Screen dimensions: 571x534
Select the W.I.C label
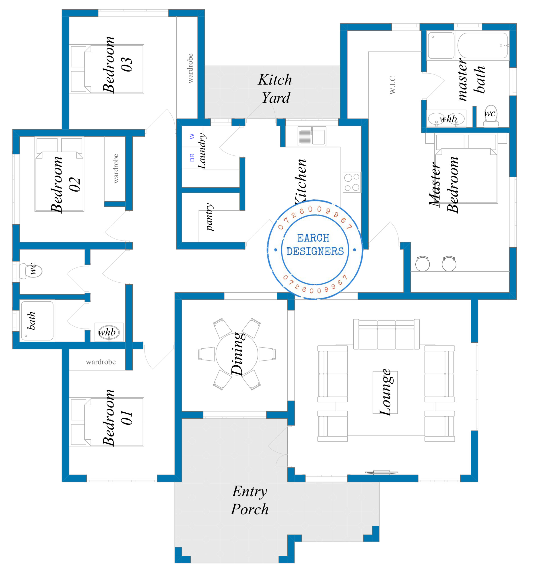pyautogui.click(x=392, y=85)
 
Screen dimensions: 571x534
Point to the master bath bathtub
pyautogui.click(x=482, y=45)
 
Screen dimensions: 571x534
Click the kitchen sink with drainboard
pyautogui.click(x=312, y=136)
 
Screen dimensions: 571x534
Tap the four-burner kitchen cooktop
pyautogui.click(x=351, y=182)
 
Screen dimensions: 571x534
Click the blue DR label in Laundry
pyautogui.click(x=192, y=157)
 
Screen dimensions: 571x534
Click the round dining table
pyautogui.click(x=237, y=354)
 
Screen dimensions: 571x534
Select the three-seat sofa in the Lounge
pyautogui.click(x=386, y=334)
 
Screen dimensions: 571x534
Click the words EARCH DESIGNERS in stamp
pyautogui.click(x=315, y=245)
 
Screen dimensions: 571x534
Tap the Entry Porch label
pyautogui.click(x=249, y=500)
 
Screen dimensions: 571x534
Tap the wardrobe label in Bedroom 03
pyautogui.click(x=190, y=68)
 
